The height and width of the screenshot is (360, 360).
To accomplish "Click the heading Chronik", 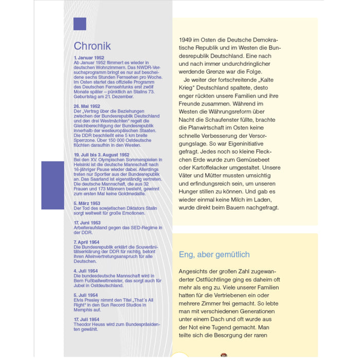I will click(x=93, y=46).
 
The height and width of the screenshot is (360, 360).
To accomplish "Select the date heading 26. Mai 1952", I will click(x=87, y=106).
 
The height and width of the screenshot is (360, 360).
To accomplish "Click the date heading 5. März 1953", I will click(x=87, y=203).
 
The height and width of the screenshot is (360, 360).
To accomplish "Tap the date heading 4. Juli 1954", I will click(x=86, y=271).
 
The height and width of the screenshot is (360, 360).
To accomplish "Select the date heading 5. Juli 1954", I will click(x=86, y=295).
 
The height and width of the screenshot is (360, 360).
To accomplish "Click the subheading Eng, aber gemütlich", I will click(x=214, y=255).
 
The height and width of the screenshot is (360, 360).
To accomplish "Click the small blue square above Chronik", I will click(x=80, y=24).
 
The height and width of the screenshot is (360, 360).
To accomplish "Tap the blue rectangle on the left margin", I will click(x=52, y=185).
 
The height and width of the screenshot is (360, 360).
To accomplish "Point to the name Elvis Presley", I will click(x=87, y=300).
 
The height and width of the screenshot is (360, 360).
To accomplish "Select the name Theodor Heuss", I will click(x=90, y=325).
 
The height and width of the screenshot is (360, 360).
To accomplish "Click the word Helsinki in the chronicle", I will click(x=83, y=165).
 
